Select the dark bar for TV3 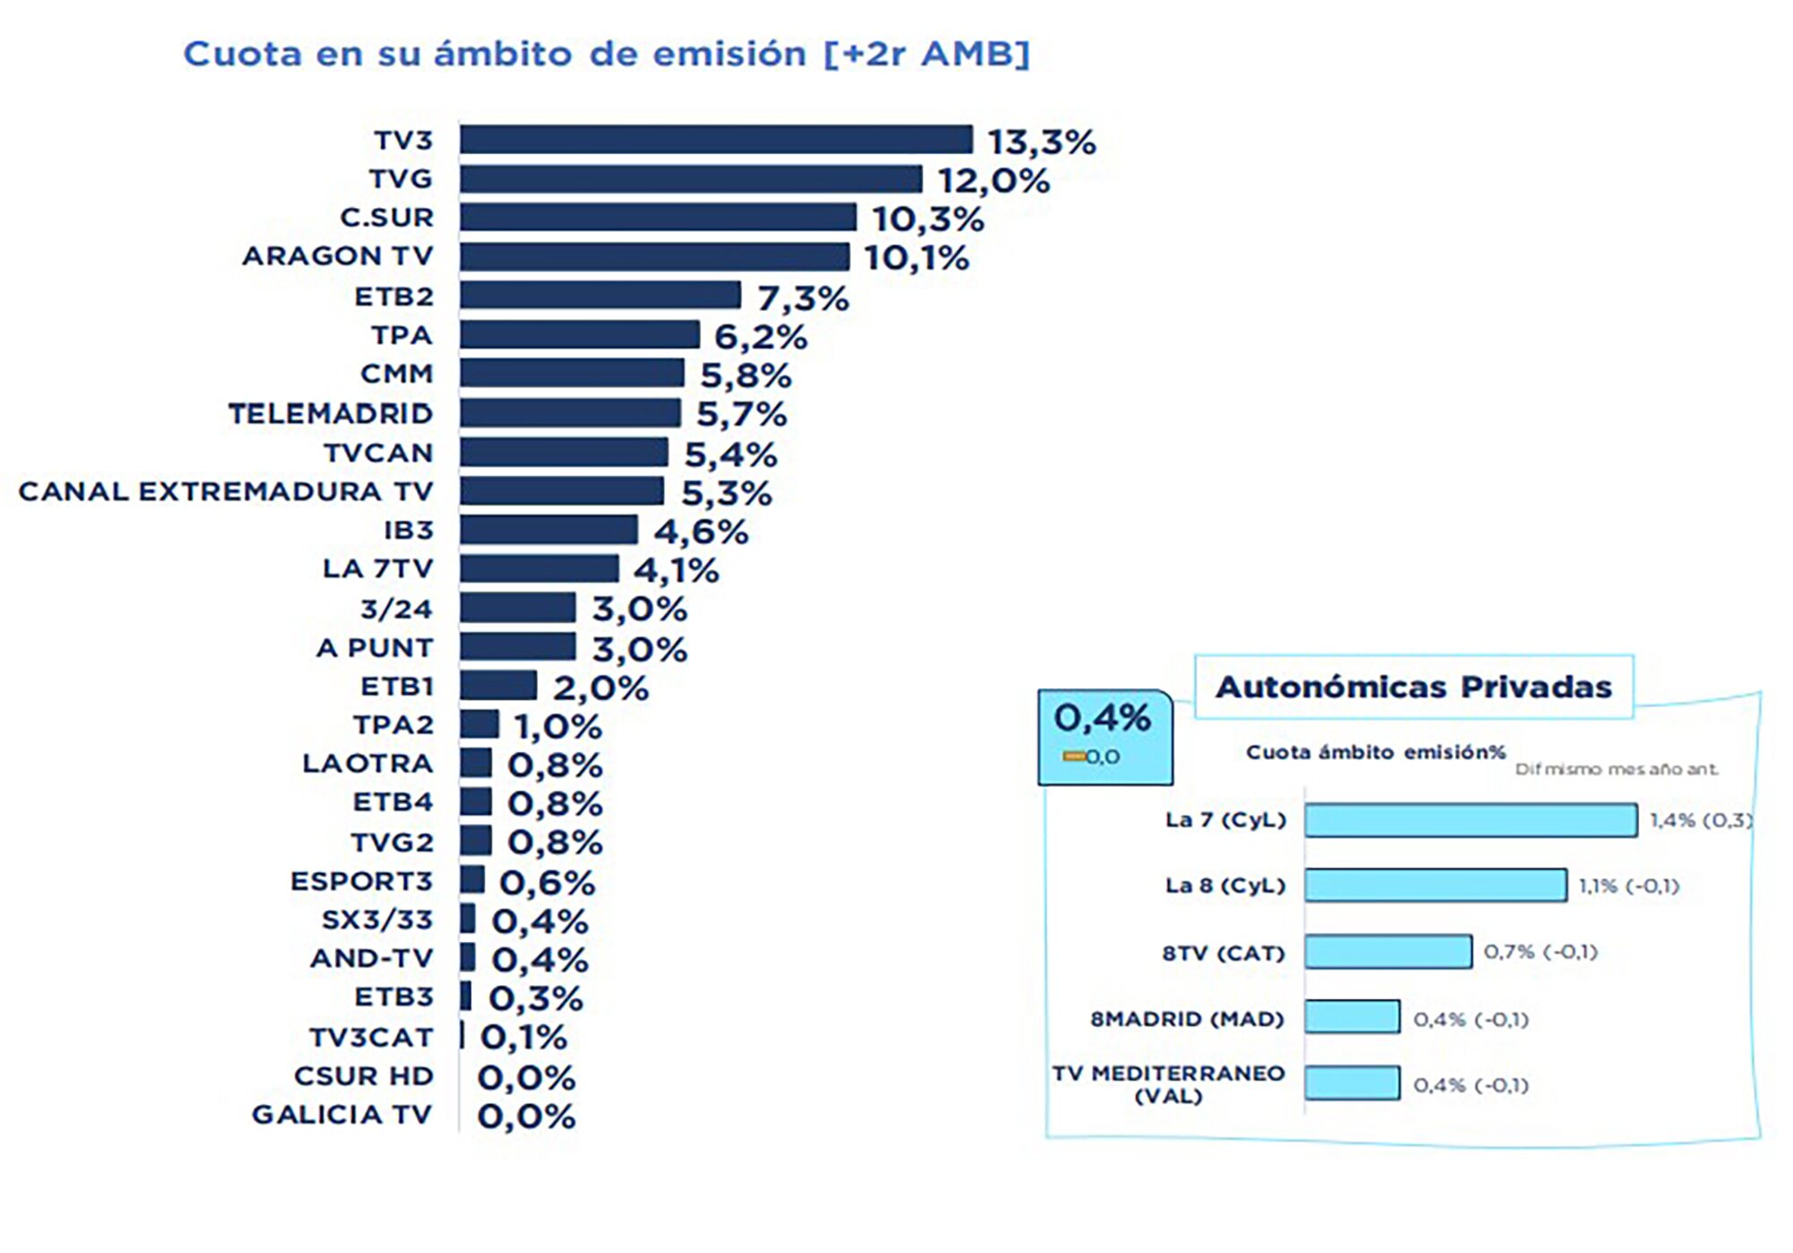[x=715, y=140]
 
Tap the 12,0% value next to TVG [x=993, y=181]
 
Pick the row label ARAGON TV [x=338, y=256]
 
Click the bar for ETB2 [x=601, y=295]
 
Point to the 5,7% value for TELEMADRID [x=741, y=414]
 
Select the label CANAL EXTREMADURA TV [x=226, y=491]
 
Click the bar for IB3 [x=549, y=530]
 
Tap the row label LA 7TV [x=377, y=569]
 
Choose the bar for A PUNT [x=518, y=646]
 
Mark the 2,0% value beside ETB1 [x=600, y=688]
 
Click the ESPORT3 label [x=361, y=881]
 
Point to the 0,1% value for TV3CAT [x=524, y=1038]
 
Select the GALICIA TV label [x=342, y=1114]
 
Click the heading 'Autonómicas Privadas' [x=1413, y=687]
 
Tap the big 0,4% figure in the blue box [x=1102, y=718]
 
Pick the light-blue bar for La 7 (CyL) [x=1470, y=820]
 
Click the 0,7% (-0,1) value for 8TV [x=1540, y=952]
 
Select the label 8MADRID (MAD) [x=1187, y=1019]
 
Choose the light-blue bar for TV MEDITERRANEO [x=1352, y=1083]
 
